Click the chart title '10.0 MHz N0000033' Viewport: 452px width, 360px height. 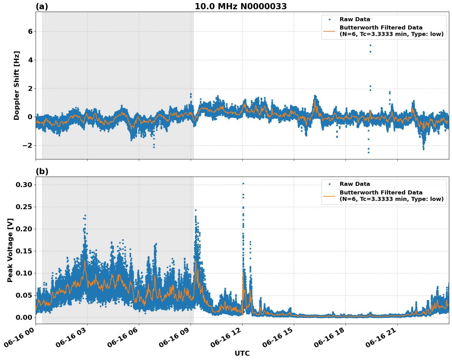(241, 6)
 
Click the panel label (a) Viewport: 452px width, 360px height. (42, 6)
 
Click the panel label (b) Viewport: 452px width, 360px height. (42, 171)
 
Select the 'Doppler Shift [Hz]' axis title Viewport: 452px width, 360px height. (17, 85)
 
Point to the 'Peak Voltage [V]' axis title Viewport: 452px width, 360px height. (10, 250)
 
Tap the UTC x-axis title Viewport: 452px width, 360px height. (242, 353)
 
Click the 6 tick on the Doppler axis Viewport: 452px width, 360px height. (30, 32)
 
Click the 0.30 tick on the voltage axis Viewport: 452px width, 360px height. (24, 185)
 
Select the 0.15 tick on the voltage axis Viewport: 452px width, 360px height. (24, 251)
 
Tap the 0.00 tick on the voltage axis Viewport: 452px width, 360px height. (24, 317)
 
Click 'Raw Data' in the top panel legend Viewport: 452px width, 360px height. (355, 19)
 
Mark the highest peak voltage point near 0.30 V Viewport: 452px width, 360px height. (243, 183)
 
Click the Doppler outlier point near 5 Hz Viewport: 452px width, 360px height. (370, 45)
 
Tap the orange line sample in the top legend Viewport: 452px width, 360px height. (329, 31)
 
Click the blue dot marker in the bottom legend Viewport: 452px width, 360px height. (329, 184)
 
